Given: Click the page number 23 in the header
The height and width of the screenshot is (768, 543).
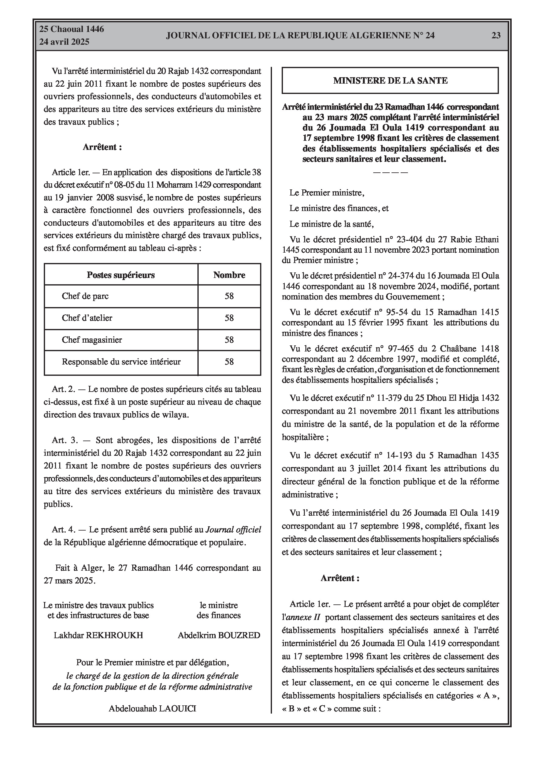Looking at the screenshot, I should pyautogui.click(x=496, y=36).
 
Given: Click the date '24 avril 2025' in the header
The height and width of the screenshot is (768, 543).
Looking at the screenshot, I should pyautogui.click(x=64, y=42).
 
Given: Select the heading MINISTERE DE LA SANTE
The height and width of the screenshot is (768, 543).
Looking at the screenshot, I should pyautogui.click(x=390, y=81).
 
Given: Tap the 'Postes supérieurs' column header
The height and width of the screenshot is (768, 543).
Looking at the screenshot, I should pyautogui.click(x=120, y=275).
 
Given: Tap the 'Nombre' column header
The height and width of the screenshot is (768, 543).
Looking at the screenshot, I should pyautogui.click(x=229, y=275).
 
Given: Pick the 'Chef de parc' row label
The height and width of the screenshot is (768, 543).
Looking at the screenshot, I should pyautogui.click(x=85, y=296).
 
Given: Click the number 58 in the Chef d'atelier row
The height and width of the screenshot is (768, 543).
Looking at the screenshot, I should pyautogui.click(x=229, y=318).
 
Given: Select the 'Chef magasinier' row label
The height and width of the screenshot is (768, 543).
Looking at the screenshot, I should pyautogui.click(x=92, y=340).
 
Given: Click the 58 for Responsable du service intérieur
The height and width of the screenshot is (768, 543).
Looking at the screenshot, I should pyautogui.click(x=229, y=362).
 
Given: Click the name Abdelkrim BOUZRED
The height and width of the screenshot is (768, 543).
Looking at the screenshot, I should pyautogui.click(x=219, y=635).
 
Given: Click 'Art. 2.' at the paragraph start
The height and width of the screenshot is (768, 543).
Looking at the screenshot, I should pyautogui.click(x=63, y=389).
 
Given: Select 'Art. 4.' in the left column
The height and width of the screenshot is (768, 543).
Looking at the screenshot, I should pyautogui.click(x=63, y=530).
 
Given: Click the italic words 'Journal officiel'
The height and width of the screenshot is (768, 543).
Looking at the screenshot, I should pyautogui.click(x=233, y=530).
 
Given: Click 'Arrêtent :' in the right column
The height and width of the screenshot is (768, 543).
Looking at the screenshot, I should pyautogui.click(x=340, y=578).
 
